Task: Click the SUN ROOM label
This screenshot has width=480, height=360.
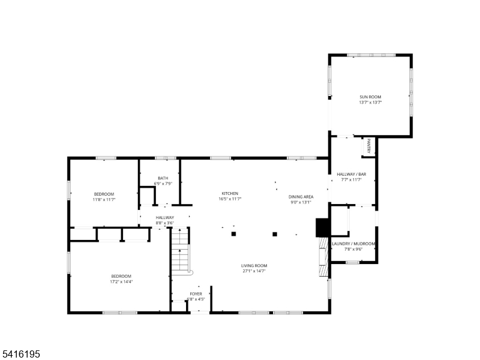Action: pyautogui.click(x=370, y=97)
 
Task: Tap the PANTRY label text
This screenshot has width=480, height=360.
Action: pyautogui.click(x=369, y=146)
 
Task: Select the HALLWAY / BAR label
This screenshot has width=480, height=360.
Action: pyautogui.click(x=352, y=174)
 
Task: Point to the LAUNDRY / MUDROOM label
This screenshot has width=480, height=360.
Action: pyautogui.click(x=353, y=244)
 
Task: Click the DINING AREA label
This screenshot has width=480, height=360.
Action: pyautogui.click(x=301, y=197)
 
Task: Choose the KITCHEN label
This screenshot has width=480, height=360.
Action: pyautogui.click(x=230, y=193)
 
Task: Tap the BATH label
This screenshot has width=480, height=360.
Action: pyautogui.click(x=163, y=178)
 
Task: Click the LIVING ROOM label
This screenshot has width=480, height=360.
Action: pyautogui.click(x=254, y=266)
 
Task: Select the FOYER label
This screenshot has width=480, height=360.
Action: pyautogui.click(x=196, y=294)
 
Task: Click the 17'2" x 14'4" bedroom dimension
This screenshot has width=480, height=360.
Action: pyautogui.click(x=121, y=281)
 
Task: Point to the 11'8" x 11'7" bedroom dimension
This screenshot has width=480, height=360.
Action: pyautogui.click(x=104, y=200)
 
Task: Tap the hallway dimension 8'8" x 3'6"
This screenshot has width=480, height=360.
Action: pyautogui.click(x=164, y=223)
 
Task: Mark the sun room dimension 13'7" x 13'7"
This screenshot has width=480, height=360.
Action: pyautogui.click(x=370, y=103)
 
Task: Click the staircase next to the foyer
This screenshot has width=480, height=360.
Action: pyautogui.click(x=180, y=250)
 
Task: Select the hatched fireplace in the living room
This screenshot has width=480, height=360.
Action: pyautogui.click(x=323, y=257)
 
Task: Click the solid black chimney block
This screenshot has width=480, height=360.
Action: pyautogui.click(x=322, y=227)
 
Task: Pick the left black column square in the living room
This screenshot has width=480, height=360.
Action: pyautogui.click(x=233, y=234)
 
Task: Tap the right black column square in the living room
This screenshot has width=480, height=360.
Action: pyautogui.click(x=275, y=235)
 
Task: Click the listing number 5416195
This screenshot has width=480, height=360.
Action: pyautogui.click(x=20, y=354)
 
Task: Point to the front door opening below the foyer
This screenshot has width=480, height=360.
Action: pyautogui.click(x=200, y=312)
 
